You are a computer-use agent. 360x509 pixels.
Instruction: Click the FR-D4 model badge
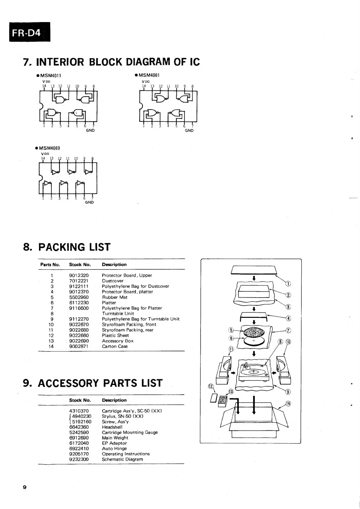[x=29, y=32]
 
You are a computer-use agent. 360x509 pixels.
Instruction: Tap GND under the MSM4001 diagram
[x=189, y=131]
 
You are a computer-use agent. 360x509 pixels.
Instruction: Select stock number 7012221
[x=79, y=281]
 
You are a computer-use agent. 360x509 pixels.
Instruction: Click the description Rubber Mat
[x=115, y=297]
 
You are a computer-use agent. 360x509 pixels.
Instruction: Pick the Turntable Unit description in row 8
[x=118, y=314]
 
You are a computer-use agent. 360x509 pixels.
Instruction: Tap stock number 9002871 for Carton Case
[x=79, y=346]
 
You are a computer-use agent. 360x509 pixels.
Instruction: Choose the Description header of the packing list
[x=114, y=265]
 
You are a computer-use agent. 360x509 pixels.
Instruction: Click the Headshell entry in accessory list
[x=112, y=427]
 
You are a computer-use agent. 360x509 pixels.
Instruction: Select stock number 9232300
[x=79, y=459]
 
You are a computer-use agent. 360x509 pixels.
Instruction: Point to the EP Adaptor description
[x=114, y=443]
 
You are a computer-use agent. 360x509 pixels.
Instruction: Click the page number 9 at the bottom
[x=25, y=487]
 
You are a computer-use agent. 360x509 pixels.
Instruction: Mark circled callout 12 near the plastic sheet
[x=211, y=387]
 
